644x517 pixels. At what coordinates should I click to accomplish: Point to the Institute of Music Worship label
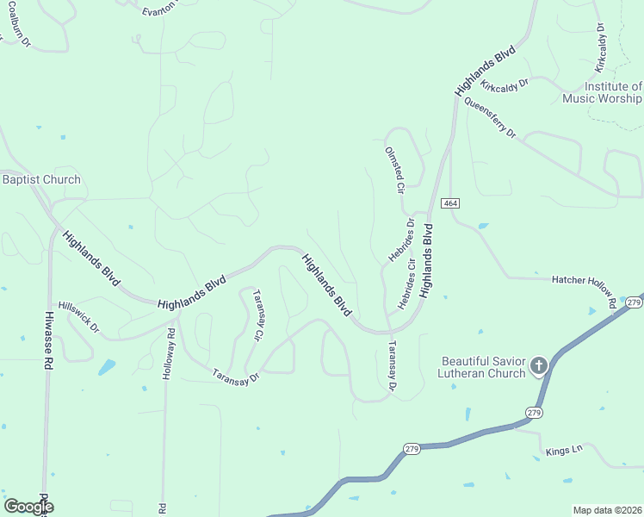pyautogui.click(x=602, y=92)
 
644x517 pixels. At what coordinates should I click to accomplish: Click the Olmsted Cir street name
pyautogui.click(x=393, y=169)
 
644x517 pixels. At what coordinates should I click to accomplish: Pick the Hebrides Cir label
pyautogui.click(x=406, y=283)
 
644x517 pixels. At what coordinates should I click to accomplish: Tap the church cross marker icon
pyautogui.click(x=539, y=366)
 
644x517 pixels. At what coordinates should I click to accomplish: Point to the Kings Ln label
pyautogui.click(x=565, y=449)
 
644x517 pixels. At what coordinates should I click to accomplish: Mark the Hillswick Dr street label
pyautogui.click(x=79, y=318)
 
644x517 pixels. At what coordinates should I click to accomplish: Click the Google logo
pyautogui.click(x=28, y=507)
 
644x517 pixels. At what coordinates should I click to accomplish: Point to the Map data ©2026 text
pyautogui.click(x=606, y=510)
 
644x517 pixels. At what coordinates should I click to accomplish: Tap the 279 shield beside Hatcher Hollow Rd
pyautogui.click(x=634, y=302)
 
